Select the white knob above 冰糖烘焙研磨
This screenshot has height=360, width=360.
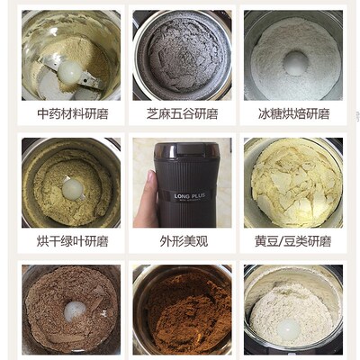click(294, 61)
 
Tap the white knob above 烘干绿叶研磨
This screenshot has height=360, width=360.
click(72, 186)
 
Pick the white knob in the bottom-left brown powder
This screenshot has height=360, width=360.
click(75, 310)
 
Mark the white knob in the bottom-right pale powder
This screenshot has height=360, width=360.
click(287, 330)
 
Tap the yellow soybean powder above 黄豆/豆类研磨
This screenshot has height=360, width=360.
click(292, 184)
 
